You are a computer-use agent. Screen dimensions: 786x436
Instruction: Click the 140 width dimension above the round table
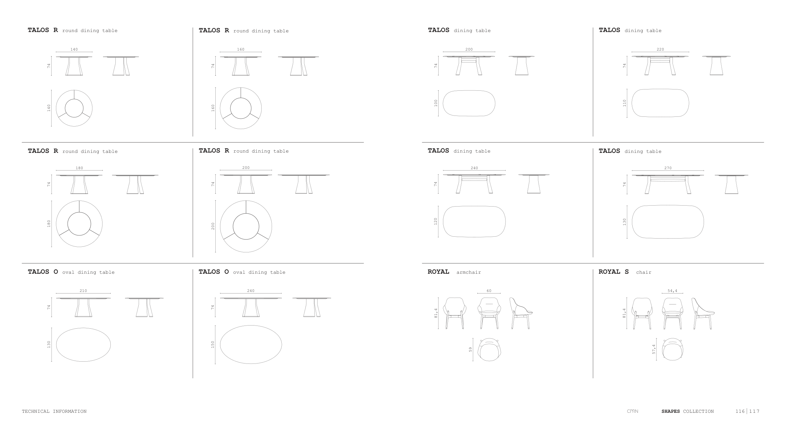click(74, 49)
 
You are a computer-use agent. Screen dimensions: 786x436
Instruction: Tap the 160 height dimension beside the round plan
click(213, 108)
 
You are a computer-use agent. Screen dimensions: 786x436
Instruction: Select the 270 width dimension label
click(668, 168)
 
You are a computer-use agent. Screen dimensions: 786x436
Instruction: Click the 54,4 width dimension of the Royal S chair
click(672, 291)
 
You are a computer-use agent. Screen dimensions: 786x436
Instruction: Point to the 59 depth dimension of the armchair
click(471, 349)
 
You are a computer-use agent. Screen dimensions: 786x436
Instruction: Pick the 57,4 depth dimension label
click(654, 349)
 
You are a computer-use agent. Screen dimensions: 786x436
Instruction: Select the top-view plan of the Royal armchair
click(489, 350)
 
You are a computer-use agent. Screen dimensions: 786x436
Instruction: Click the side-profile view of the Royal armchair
click(521, 313)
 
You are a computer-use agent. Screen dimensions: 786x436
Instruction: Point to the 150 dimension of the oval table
click(213, 344)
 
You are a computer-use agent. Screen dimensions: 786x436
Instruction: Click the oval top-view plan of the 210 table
click(83, 345)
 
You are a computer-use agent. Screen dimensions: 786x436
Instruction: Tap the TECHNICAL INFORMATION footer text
click(54, 411)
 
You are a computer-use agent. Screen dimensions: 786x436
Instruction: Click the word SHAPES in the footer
click(671, 411)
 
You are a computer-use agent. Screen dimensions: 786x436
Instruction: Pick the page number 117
click(754, 411)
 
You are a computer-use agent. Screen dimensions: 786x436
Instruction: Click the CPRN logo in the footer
click(633, 411)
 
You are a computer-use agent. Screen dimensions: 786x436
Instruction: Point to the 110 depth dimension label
click(624, 103)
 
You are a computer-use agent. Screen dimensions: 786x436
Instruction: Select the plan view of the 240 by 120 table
click(474, 221)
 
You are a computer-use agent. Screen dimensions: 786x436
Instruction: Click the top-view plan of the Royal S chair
click(673, 349)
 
